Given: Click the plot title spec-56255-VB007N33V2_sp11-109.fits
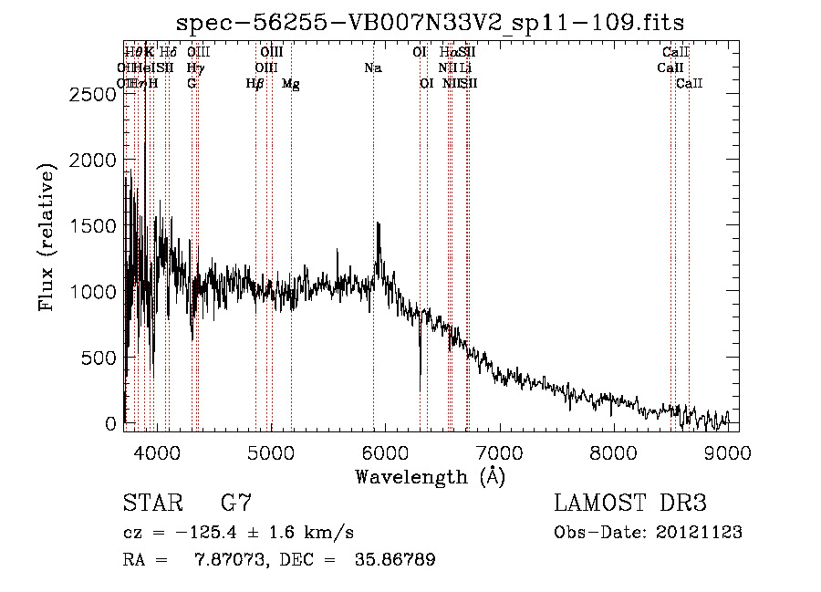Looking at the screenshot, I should (x=431, y=21).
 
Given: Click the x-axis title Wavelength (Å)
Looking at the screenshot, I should (x=430, y=476).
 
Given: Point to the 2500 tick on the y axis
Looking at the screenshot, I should (x=95, y=94).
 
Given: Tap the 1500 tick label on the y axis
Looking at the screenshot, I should (x=95, y=226).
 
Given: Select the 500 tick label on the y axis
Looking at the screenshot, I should (x=100, y=358).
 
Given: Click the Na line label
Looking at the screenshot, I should (x=372, y=68).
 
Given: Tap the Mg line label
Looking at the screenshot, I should (x=290, y=84).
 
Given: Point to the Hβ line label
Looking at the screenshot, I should (x=255, y=84).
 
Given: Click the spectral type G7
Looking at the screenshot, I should (x=235, y=504).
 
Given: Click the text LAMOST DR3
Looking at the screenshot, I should (x=630, y=504).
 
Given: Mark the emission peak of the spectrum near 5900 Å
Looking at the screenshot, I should (x=378, y=223).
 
